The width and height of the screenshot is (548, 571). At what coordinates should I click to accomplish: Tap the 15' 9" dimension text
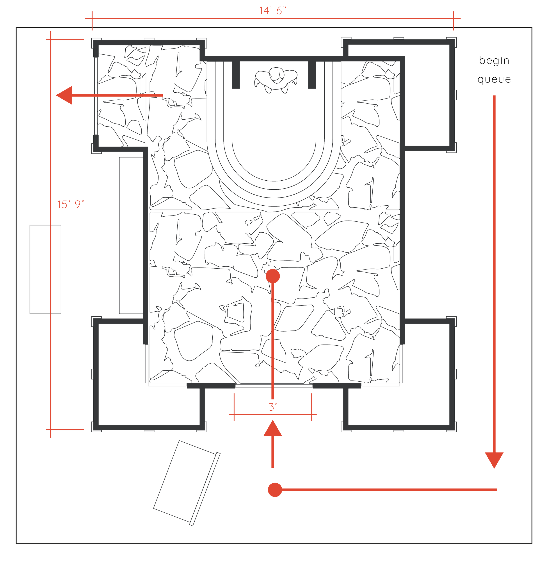71,204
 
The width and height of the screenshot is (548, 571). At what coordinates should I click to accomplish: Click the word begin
494,61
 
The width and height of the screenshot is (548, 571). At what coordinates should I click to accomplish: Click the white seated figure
276,79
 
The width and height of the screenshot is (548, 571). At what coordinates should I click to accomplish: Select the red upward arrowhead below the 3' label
273,429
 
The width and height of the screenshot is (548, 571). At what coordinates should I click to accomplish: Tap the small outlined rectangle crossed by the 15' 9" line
45,269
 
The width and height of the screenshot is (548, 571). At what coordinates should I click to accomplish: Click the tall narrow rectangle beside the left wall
130,235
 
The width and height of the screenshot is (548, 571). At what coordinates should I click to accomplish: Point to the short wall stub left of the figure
236,75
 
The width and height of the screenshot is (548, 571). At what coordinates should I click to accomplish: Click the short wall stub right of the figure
312,75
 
